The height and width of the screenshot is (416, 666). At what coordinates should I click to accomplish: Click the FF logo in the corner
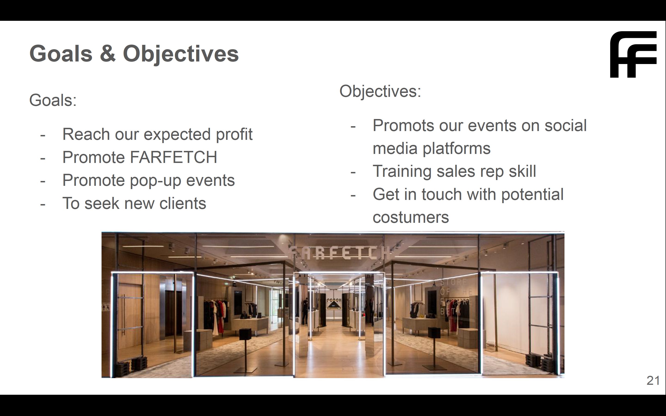coord(633,55)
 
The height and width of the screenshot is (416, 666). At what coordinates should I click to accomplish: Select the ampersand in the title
coord(108,54)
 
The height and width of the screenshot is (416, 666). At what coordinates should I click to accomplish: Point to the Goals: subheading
coord(53,100)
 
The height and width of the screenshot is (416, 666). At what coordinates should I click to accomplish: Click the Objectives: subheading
coord(380,91)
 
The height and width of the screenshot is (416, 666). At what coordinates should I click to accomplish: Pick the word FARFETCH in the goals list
coord(174,157)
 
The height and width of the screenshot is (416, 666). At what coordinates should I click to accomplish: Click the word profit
coord(234,135)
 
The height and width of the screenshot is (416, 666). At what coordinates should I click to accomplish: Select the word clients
coord(183,203)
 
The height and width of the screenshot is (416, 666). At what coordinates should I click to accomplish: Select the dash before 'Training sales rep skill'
coord(353,172)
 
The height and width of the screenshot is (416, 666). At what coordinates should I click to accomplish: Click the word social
coord(566,126)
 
